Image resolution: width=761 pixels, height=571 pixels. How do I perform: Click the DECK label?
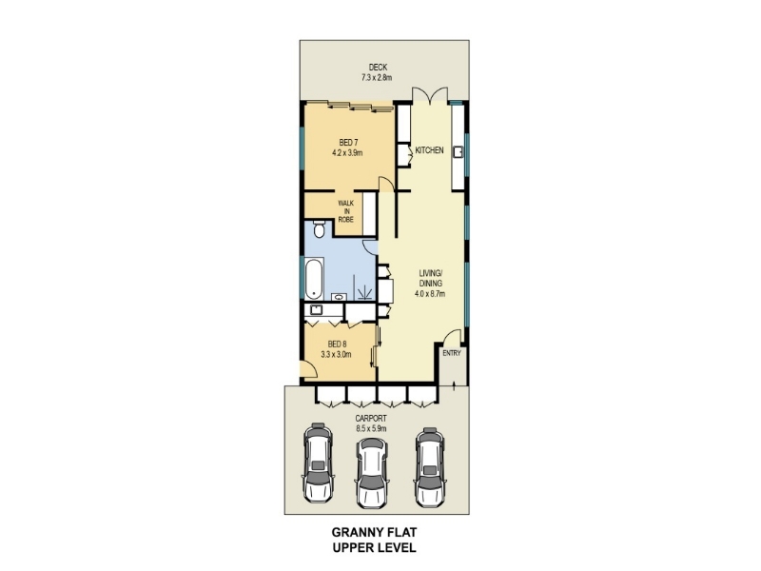coord(378,68)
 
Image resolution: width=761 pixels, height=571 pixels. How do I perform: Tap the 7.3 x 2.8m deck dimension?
coord(377,77)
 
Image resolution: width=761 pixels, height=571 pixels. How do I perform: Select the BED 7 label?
coord(348,142)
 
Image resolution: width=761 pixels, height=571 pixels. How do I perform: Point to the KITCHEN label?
coord(430,150)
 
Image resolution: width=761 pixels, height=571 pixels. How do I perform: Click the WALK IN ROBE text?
coord(346,211)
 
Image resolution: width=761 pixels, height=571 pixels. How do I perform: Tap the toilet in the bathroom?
coord(319,229)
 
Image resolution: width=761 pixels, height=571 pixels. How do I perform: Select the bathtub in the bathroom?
coord(314,279)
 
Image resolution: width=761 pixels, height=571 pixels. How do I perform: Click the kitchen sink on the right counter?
coord(458,152)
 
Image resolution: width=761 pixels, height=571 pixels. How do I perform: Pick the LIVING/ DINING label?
coord(431,278)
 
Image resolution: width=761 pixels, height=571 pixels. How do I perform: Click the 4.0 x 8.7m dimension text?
coord(430,293)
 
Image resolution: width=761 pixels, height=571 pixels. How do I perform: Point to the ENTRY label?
coord(451,353)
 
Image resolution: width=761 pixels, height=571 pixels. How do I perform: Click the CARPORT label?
coord(371,419)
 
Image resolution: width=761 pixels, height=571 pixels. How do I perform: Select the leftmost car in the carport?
coord(318,463)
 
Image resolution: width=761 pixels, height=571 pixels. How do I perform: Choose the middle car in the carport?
coord(372,473)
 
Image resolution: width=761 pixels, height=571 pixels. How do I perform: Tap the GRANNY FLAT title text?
coord(374,532)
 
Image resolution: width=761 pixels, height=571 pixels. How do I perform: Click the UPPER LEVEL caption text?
coord(374,548)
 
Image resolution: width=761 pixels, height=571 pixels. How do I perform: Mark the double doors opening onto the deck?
coord(430,95)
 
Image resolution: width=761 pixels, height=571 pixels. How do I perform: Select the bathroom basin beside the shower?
coord(339,297)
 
